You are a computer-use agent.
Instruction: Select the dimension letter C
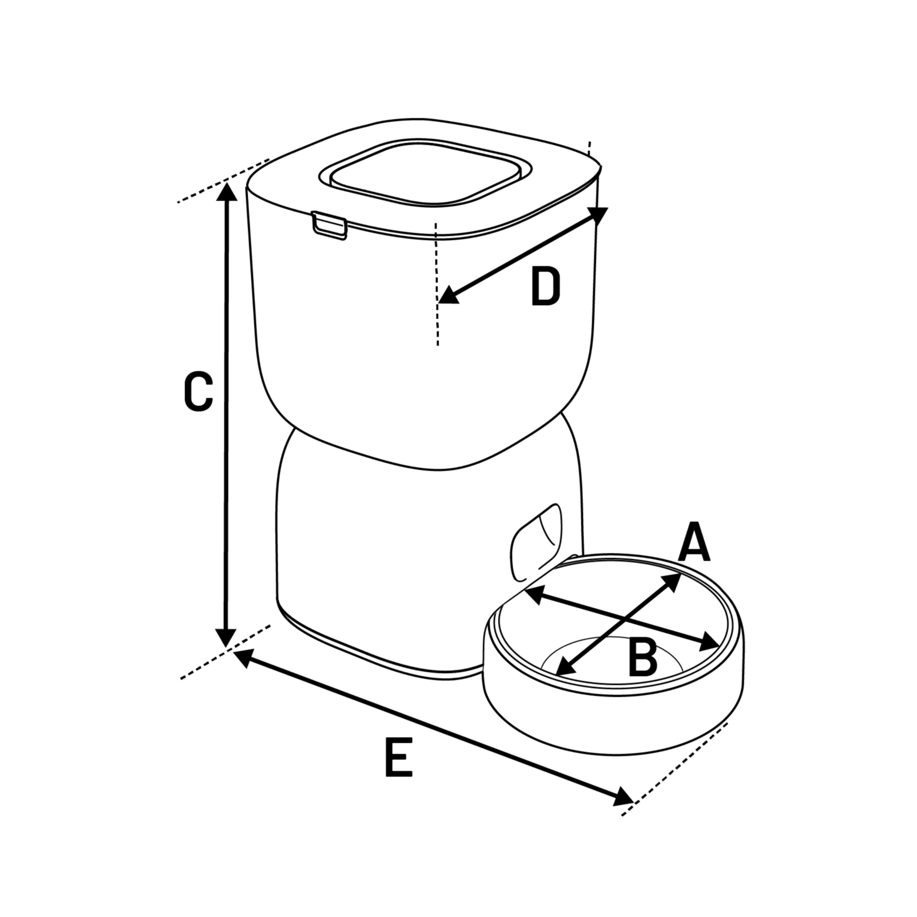coord(198,392)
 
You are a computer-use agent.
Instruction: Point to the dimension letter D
coord(545,286)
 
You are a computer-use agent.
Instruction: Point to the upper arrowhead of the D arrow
coord(598,216)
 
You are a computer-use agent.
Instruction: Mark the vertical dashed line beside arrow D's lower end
coord(436,283)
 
